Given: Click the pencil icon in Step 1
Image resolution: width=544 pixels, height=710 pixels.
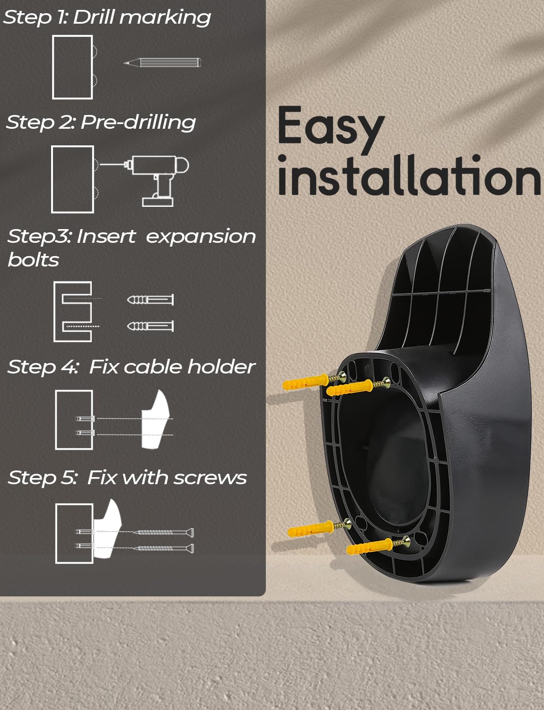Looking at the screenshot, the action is (x=162, y=62).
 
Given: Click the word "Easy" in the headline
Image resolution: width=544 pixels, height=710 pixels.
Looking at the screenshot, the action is (x=331, y=128).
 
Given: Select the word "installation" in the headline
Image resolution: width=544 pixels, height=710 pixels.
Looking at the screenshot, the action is (x=409, y=176).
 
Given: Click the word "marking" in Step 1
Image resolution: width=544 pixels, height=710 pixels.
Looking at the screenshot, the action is (x=165, y=18).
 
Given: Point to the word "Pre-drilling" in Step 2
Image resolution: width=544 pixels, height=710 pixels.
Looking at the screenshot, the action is (x=138, y=123).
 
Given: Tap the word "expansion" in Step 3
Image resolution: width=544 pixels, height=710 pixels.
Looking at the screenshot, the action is (x=201, y=237).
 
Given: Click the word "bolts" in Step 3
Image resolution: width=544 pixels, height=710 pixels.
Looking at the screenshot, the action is (x=33, y=260).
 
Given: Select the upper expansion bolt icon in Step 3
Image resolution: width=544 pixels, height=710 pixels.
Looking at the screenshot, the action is (x=150, y=299).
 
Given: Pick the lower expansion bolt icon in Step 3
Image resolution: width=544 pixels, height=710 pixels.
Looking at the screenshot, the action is (x=150, y=326).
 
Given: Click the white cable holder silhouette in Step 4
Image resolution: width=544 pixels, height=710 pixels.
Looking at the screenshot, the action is (x=156, y=419).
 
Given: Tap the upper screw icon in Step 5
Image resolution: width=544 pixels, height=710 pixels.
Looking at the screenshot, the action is (x=166, y=532).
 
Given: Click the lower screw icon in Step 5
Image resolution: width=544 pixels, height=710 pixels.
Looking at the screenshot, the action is (x=166, y=548).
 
